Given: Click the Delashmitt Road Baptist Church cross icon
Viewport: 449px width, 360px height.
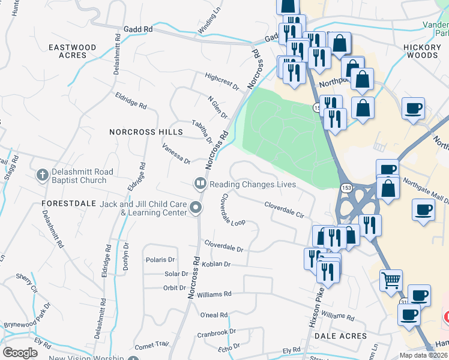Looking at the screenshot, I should coord(42,175).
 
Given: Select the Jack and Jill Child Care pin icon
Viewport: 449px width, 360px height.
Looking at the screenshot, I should coord(196,208).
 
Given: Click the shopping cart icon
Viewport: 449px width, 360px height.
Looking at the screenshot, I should coord(391,279).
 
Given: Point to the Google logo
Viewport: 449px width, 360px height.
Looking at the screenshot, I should coord(20,353).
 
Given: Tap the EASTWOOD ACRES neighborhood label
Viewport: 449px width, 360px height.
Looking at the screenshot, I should coord(73,51).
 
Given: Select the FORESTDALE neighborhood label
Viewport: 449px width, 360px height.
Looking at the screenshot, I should coord(69,203).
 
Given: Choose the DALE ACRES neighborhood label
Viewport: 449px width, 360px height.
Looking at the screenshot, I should coord(344,336).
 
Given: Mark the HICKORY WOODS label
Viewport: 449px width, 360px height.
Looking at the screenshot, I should coord(421,51).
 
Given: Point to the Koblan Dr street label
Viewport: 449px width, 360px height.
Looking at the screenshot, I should coord(217,264).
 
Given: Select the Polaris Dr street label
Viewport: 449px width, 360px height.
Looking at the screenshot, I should coord(160,260).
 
